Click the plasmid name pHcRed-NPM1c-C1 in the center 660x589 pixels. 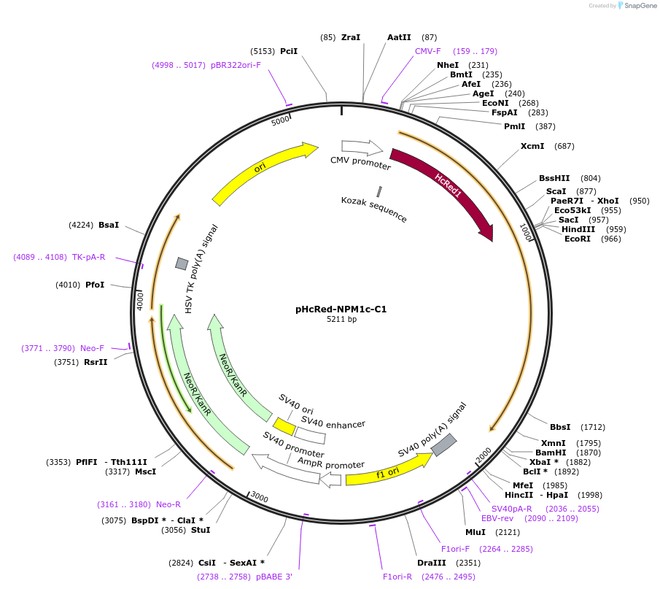341,309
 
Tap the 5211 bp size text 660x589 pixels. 341,319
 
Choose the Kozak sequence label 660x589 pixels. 374,209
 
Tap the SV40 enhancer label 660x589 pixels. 333,422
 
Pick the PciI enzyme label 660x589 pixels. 289,52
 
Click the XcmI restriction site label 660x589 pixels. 532,146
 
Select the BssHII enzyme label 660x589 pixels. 554,178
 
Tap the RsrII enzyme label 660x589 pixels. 96,361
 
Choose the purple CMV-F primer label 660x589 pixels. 428,51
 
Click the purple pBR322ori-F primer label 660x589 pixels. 236,65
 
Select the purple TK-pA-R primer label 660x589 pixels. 89,257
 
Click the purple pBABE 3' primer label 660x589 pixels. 274,577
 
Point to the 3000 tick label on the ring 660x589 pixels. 260,498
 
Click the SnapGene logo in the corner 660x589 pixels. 637,6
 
